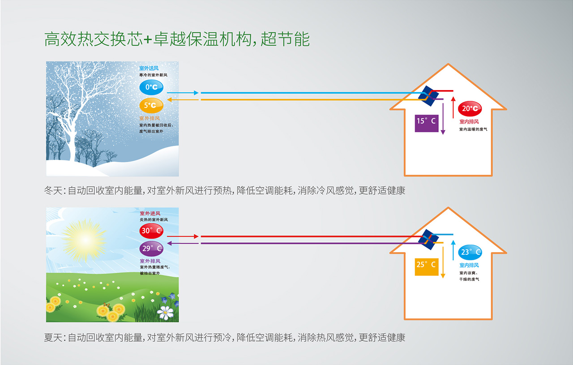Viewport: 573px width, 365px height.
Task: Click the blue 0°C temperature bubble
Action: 151,87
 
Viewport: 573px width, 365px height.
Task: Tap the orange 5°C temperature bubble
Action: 151,106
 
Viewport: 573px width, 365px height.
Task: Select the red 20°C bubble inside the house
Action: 470,108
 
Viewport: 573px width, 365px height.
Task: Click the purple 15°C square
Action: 426,121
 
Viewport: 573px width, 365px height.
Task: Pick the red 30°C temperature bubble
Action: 151,231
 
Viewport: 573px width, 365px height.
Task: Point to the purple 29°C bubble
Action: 151,248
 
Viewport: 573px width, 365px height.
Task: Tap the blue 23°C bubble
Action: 470,252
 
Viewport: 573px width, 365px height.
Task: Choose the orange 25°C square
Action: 426,265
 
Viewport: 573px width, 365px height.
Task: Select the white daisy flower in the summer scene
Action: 166,312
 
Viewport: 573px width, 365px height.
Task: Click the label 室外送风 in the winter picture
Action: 149,68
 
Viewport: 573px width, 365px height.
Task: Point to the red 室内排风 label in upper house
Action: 469,121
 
